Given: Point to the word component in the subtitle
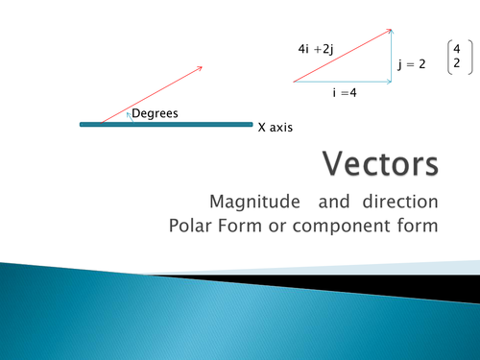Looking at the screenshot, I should [353, 227].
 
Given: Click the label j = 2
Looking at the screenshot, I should [411, 65].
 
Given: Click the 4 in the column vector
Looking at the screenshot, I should [457, 49].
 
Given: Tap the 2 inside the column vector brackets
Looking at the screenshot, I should [457, 63].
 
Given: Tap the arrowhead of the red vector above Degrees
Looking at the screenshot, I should [199, 68].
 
